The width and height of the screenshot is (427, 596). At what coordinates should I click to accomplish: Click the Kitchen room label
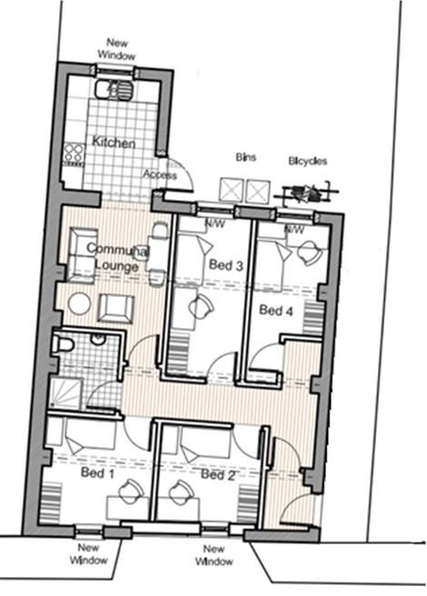(114, 143)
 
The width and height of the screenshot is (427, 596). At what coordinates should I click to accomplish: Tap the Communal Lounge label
(117, 257)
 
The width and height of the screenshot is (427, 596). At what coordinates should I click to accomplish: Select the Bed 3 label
(226, 265)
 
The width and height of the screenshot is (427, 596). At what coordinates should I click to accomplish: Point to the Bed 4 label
(276, 311)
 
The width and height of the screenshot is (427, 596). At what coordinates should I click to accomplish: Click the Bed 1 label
(98, 472)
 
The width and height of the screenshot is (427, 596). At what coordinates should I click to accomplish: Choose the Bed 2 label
(218, 474)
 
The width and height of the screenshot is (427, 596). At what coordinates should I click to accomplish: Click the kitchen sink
(114, 90)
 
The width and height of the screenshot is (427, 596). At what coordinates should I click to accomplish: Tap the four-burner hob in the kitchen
(74, 154)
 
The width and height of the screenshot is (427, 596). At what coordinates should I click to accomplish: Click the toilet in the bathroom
(63, 345)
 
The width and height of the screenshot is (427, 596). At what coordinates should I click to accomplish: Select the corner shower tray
(65, 393)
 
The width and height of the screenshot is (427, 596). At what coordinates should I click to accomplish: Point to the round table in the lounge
(79, 303)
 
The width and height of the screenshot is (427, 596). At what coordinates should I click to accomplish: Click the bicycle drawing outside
(306, 194)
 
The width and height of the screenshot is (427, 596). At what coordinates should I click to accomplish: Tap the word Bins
(246, 157)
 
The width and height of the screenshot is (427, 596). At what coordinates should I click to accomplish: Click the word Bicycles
(308, 161)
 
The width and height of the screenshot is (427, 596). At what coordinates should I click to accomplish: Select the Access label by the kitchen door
(160, 174)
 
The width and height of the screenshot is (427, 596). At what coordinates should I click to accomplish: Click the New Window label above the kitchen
(116, 49)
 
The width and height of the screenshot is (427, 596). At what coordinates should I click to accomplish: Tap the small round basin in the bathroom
(98, 340)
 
